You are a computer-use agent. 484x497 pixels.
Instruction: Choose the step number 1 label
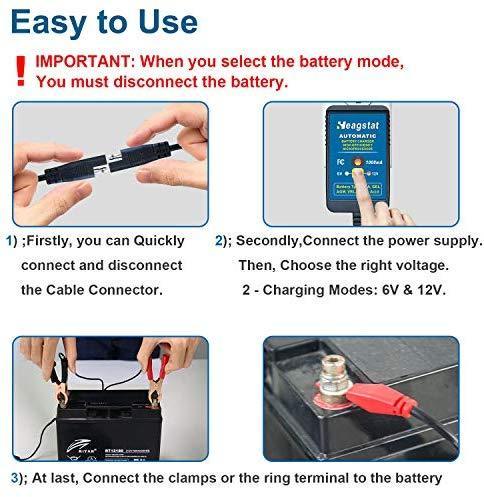click(x=10, y=241)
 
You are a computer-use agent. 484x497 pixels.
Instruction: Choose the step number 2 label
click(x=221, y=241)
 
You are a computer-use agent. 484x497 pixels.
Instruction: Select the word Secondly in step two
click(x=276, y=241)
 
